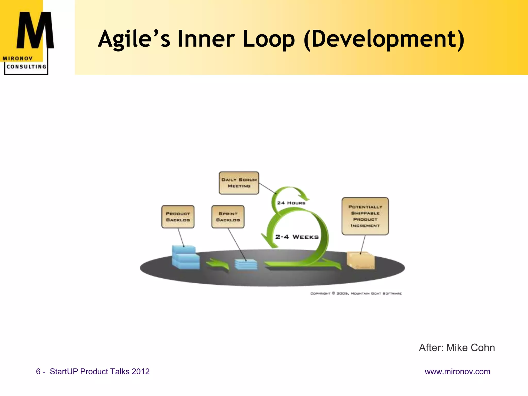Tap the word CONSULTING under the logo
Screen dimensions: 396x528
(x=26, y=67)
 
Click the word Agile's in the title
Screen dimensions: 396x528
(x=134, y=39)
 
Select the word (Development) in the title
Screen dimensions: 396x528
(x=384, y=39)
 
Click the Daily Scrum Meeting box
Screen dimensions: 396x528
(x=239, y=183)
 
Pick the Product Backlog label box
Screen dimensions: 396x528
(x=178, y=217)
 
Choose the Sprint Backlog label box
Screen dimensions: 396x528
(x=228, y=217)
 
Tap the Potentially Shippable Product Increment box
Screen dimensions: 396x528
(x=365, y=216)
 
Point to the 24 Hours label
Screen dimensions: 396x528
(x=291, y=203)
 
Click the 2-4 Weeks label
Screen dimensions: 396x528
(x=297, y=237)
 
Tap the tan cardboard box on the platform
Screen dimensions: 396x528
(x=360, y=260)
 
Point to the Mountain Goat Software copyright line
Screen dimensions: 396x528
(x=356, y=293)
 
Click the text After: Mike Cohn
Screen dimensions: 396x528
(x=457, y=348)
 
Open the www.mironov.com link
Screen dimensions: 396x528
(x=457, y=372)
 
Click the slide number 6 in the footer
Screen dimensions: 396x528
(x=38, y=372)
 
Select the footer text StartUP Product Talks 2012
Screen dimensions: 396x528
(x=100, y=372)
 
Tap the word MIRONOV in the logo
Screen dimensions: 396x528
(x=18, y=59)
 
